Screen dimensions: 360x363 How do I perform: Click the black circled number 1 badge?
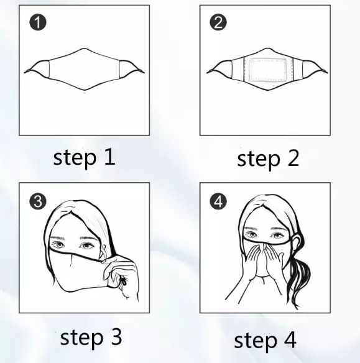tap(38, 22)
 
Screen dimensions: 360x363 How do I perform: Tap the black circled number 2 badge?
tap(218, 22)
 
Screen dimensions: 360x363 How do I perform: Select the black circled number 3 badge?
tap(38, 201)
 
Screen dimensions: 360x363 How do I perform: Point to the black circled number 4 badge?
tap(218, 201)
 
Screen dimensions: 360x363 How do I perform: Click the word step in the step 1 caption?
tap(75, 158)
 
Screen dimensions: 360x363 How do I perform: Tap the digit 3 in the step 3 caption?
tap(116, 338)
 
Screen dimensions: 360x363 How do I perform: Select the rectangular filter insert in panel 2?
tap(267, 70)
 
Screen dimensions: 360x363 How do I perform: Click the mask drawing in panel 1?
tap(85, 69)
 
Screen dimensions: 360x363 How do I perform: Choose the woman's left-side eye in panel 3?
tap(57, 245)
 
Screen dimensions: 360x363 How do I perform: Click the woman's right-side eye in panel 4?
tap(277, 236)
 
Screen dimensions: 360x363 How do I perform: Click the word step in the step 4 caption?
tap(256, 341)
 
